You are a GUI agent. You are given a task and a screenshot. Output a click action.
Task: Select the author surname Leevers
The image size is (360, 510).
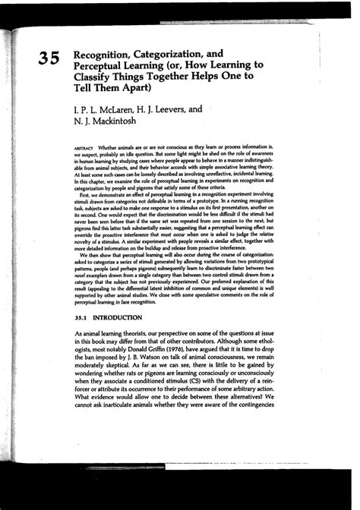tap(174, 110)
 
